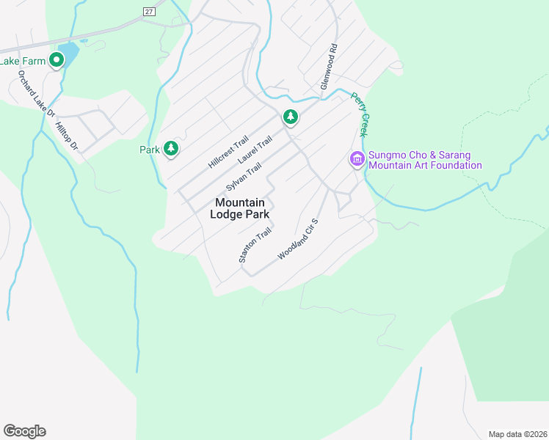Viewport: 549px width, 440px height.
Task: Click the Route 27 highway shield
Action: pyautogui.click(x=150, y=11)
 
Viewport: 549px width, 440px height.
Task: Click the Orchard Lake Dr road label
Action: pyautogui.click(x=36, y=93)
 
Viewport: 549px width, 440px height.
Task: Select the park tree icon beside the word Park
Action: pyautogui.click(x=171, y=149)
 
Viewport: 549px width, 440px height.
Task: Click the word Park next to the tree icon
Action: pyautogui.click(x=150, y=150)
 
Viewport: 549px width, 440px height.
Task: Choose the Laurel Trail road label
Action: pyautogui.click(x=255, y=150)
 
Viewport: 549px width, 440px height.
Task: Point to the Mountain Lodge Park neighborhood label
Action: pyautogui.click(x=240, y=208)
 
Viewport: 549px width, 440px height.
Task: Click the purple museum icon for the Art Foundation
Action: pyautogui.click(x=357, y=159)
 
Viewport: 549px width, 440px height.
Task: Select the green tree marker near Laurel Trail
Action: pyautogui.click(x=291, y=117)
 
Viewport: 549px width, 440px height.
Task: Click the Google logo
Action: pyautogui.click(x=24, y=431)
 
